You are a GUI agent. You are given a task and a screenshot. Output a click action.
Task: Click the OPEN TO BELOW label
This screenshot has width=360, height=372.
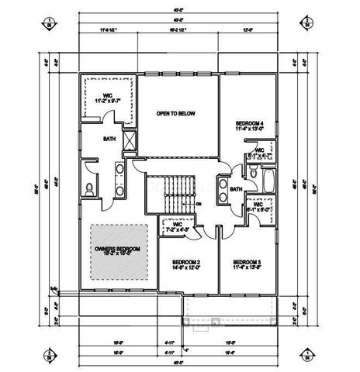click(174, 113)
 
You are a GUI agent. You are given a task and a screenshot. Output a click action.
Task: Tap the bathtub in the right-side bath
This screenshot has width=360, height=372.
click(268, 182)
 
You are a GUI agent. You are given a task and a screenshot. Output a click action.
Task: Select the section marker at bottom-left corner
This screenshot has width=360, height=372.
click(48, 356)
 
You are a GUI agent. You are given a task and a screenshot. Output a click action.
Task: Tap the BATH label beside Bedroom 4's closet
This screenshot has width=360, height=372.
click(236, 188)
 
